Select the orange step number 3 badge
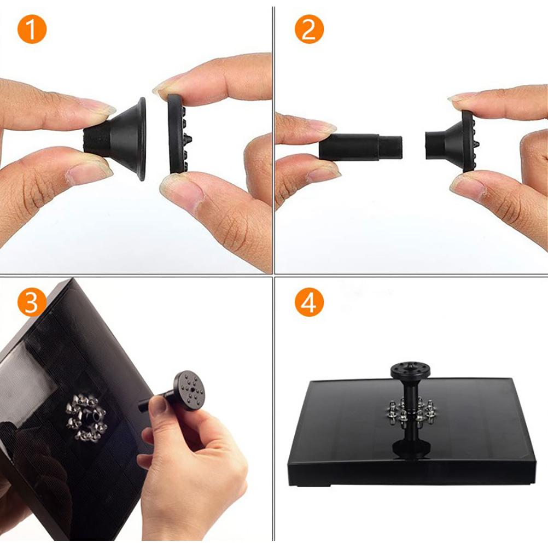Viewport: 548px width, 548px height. click(32, 302)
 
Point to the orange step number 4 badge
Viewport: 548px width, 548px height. click(309, 302)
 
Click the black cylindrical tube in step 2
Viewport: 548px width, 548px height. click(360, 147)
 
